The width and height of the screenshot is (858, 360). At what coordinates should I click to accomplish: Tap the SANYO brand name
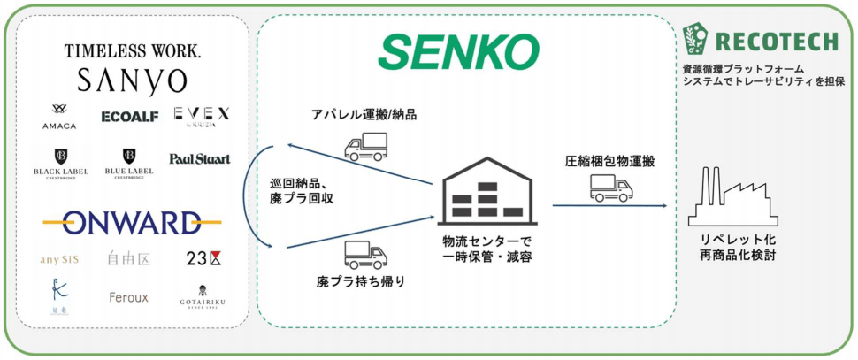point(132,81)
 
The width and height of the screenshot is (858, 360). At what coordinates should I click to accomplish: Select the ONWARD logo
point(132,221)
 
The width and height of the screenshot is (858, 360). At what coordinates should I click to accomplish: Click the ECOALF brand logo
point(129,116)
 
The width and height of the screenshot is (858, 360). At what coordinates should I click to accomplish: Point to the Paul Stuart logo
point(200,159)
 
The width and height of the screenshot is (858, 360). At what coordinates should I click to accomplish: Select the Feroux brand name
point(129,297)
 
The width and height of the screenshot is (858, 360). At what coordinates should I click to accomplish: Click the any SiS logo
point(61,260)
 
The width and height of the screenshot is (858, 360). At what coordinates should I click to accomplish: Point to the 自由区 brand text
point(129,260)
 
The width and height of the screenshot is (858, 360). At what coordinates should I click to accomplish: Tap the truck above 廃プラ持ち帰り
point(365,256)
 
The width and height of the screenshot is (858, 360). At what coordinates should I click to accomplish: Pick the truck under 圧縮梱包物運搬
point(609,187)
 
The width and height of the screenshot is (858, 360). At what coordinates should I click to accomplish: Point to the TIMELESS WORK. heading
point(132,51)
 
